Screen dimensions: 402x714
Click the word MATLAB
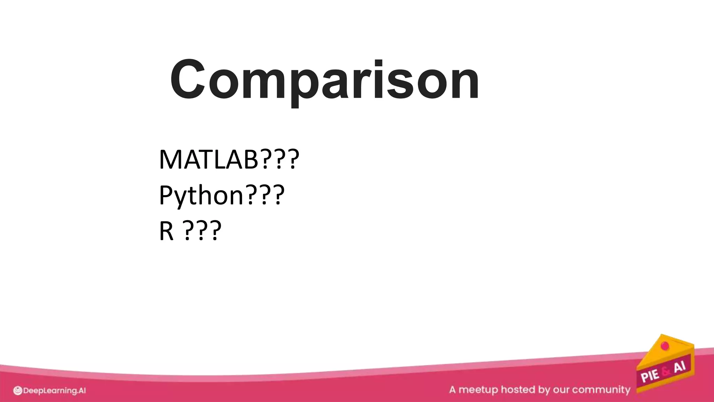pyautogui.click(x=208, y=159)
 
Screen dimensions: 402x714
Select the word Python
pyautogui.click(x=201, y=196)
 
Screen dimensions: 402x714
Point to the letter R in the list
pyautogui.click(x=166, y=231)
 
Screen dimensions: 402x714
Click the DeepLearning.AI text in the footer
pyautogui.click(x=54, y=391)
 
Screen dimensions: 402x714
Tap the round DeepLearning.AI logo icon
pyautogui.click(x=17, y=391)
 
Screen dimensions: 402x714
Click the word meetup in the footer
pyautogui.click(x=478, y=390)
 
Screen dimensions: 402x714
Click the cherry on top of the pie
pyautogui.click(x=665, y=346)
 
